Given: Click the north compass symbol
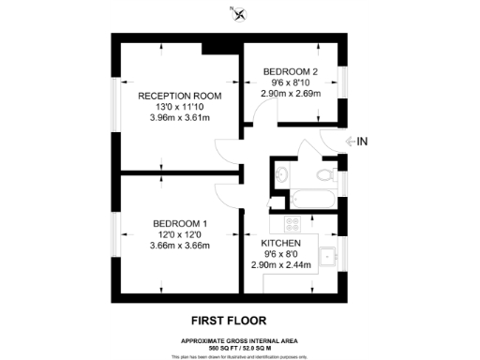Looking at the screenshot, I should point(240,15).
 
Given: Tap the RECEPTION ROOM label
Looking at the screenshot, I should point(179,96).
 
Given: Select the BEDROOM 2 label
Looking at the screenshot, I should point(291,71).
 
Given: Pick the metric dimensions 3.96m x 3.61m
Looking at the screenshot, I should point(179,119).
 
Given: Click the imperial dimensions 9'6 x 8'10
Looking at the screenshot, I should point(291,82).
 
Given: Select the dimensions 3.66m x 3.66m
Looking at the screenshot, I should point(180,246).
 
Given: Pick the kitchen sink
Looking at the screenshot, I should point(328,254).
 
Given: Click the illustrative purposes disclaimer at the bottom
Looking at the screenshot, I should point(239,356).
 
